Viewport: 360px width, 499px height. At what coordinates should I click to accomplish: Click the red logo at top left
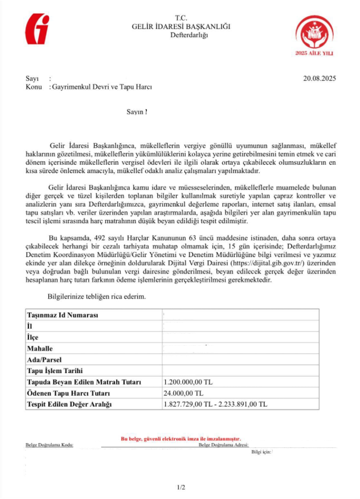coord(38,30)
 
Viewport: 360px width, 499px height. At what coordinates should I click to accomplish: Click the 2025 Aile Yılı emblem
coord(313,36)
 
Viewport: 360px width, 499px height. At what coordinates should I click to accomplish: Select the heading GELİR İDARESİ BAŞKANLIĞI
coord(182,27)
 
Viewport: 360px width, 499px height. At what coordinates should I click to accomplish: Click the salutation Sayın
coord(136,112)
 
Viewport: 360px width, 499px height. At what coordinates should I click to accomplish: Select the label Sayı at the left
coord(31,79)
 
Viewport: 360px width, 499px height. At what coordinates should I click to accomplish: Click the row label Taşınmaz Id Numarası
coord(63,315)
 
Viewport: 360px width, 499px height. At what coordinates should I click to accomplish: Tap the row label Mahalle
coord(40,348)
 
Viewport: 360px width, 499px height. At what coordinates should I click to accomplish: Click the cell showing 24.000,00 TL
coord(183,393)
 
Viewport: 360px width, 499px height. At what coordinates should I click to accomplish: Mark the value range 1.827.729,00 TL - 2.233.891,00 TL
coord(215,404)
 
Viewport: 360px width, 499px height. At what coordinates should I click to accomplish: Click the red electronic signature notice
coord(181,439)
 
